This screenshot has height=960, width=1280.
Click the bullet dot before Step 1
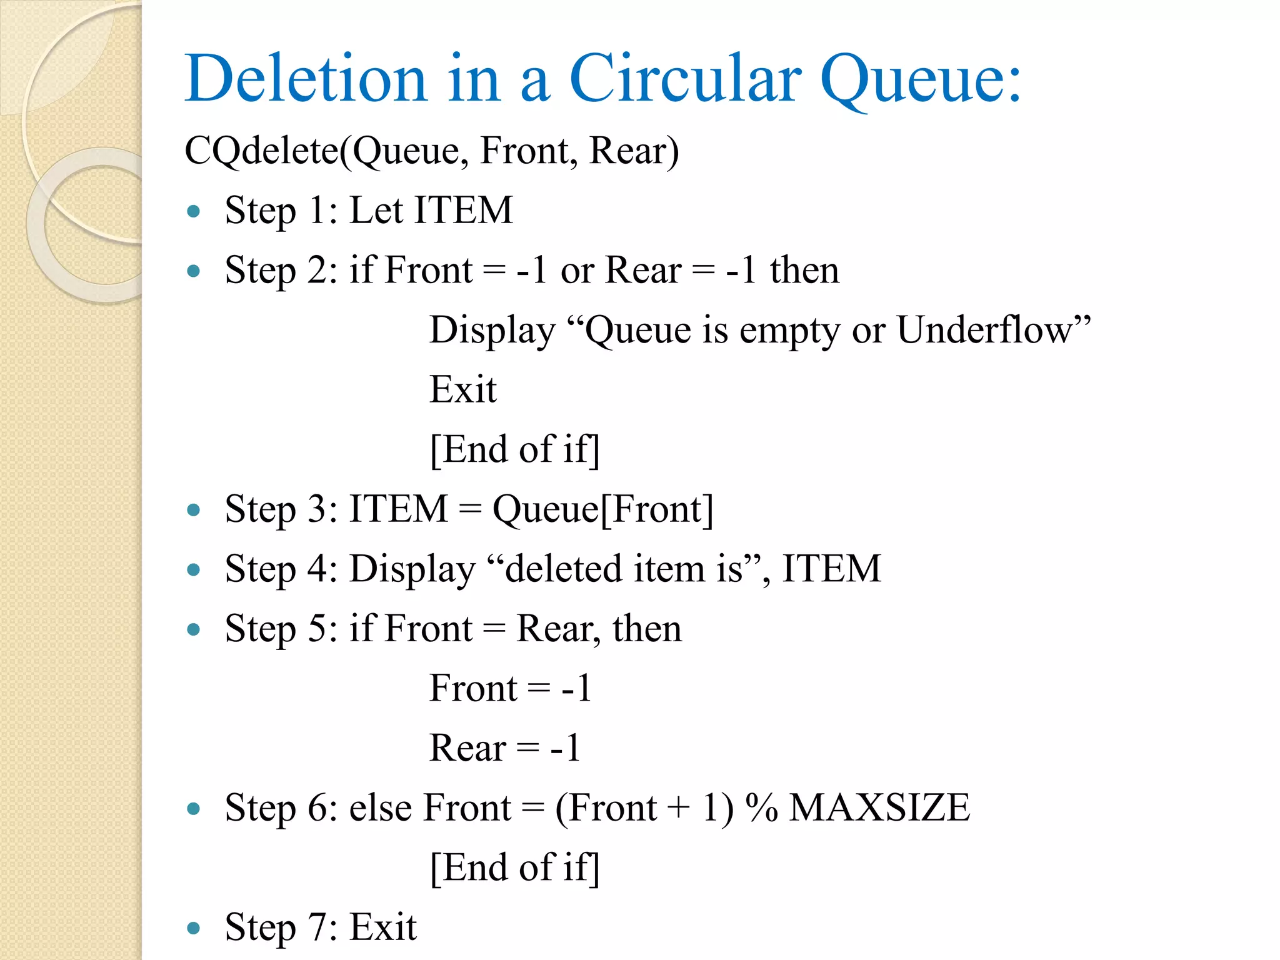(194, 211)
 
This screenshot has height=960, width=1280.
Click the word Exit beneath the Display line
(462, 389)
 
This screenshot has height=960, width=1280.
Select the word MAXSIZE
(879, 807)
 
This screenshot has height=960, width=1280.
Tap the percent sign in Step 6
(762, 807)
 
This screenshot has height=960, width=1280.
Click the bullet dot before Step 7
(194, 928)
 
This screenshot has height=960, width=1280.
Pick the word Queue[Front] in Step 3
(602, 509)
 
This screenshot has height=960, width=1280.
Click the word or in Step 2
(577, 271)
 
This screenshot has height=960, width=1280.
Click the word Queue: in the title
(920, 80)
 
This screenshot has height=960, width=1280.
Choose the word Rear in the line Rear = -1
(467, 747)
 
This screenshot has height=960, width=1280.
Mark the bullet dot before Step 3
(194, 510)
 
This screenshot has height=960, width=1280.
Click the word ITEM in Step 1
(463, 210)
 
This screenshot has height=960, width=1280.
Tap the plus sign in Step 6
(678, 807)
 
